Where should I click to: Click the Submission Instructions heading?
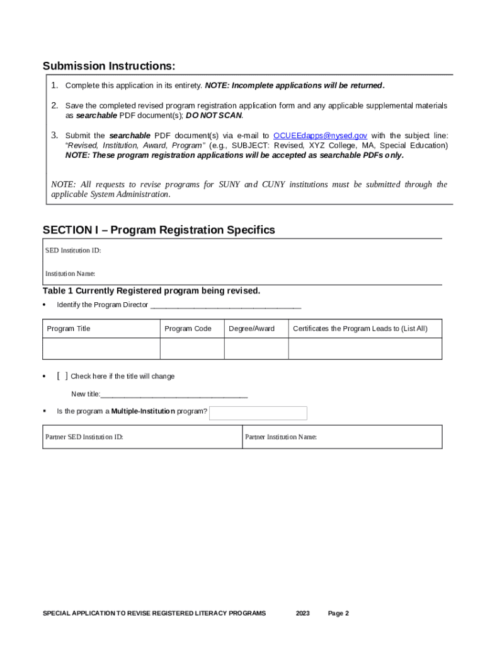tap(108, 66)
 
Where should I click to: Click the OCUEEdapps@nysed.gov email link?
tap(320, 136)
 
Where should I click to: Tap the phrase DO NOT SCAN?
tap(214, 116)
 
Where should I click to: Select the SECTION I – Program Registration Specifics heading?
tap(159, 230)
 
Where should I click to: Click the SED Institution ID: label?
tap(73, 250)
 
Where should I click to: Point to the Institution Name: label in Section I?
tap(71, 274)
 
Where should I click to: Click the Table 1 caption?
tap(151, 291)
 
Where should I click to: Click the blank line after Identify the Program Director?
tap(225, 305)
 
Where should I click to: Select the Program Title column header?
tap(69, 329)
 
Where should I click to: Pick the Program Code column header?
tap(188, 329)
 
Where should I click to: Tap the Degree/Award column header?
tap(251, 329)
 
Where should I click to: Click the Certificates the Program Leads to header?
tap(360, 329)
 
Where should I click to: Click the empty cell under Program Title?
tap(101, 348)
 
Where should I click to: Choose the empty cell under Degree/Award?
tap(256, 348)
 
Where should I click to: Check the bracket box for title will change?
tap(62, 376)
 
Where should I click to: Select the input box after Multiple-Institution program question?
tap(258, 413)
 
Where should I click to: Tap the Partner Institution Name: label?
tap(281, 437)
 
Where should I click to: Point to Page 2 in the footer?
tap(338, 613)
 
